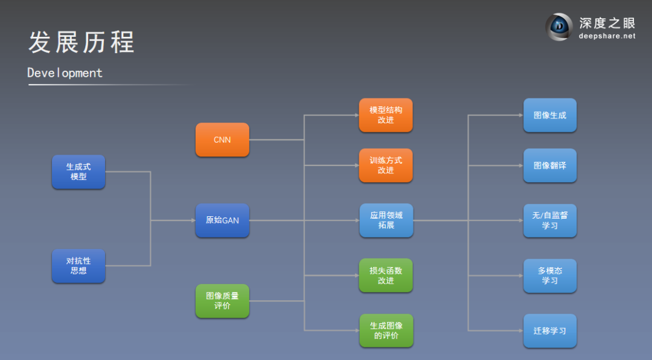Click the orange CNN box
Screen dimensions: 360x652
point(222,140)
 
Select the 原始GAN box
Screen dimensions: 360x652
point(222,220)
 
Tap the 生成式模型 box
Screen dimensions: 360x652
point(78,172)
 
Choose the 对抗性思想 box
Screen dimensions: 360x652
point(78,266)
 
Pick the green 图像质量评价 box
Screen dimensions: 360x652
point(222,301)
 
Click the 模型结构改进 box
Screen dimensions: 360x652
point(386,115)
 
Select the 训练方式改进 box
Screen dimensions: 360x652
point(386,165)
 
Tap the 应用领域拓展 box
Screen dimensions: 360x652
point(386,220)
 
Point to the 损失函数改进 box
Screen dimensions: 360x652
point(386,275)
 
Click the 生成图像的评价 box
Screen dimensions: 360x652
point(386,330)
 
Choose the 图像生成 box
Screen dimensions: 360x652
point(550,115)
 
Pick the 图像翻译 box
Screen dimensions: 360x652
point(550,165)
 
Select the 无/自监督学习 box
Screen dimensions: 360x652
point(550,220)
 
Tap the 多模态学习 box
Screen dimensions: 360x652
point(550,275)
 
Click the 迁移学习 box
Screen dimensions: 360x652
point(550,330)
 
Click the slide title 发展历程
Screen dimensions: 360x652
point(81,42)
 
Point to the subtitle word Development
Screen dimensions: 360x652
point(65,73)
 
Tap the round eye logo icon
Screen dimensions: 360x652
point(560,27)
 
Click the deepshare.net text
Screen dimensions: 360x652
point(607,36)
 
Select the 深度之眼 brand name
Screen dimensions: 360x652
point(607,23)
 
